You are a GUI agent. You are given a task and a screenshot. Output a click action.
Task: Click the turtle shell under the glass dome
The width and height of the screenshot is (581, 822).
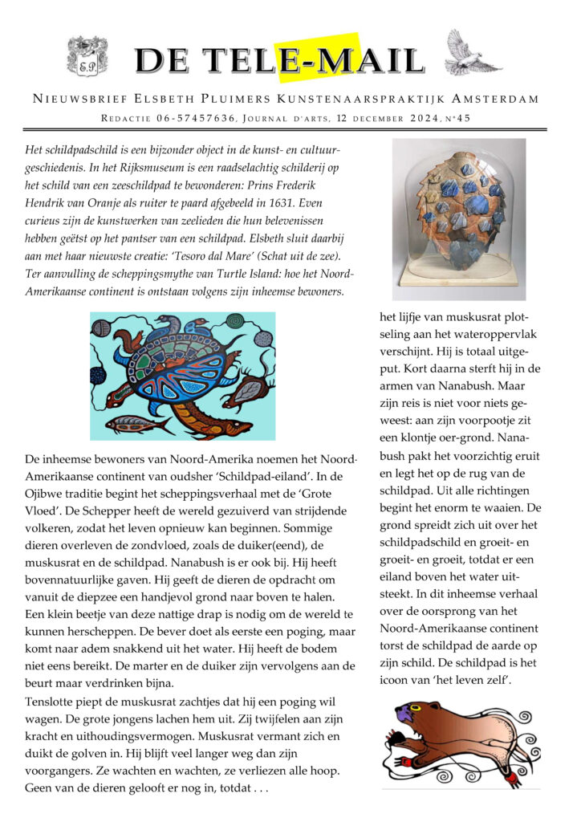(x=460, y=214)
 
